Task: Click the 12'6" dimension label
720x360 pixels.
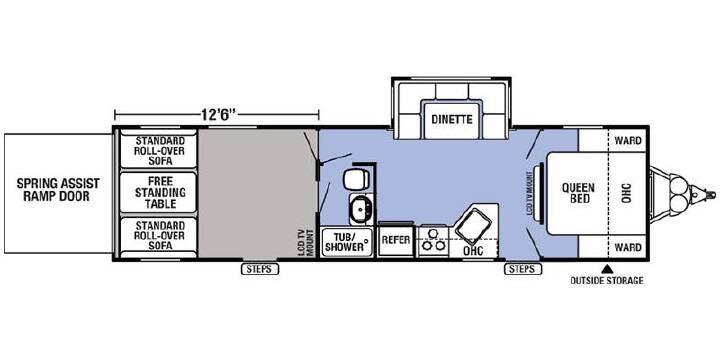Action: [x=218, y=114]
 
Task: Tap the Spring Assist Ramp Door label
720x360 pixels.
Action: [x=58, y=190]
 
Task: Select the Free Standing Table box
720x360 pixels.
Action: [x=158, y=192]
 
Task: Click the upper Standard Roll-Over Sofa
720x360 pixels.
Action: [x=158, y=151]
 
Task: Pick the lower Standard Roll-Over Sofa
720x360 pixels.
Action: [x=158, y=236]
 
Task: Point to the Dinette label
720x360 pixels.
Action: [x=452, y=119]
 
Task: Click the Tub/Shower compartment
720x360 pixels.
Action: [x=347, y=241]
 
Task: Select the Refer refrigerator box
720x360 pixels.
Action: [x=396, y=240]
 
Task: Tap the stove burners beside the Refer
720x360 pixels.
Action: [x=434, y=241]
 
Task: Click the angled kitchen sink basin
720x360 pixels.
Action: [x=474, y=225]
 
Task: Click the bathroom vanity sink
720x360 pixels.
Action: [x=361, y=208]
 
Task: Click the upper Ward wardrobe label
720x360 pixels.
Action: [x=628, y=141]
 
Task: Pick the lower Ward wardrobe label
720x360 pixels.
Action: [x=628, y=248]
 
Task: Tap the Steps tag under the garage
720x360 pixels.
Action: [x=260, y=270]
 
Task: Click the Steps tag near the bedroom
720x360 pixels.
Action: [x=523, y=270]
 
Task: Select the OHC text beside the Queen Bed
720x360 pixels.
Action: [x=628, y=192]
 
